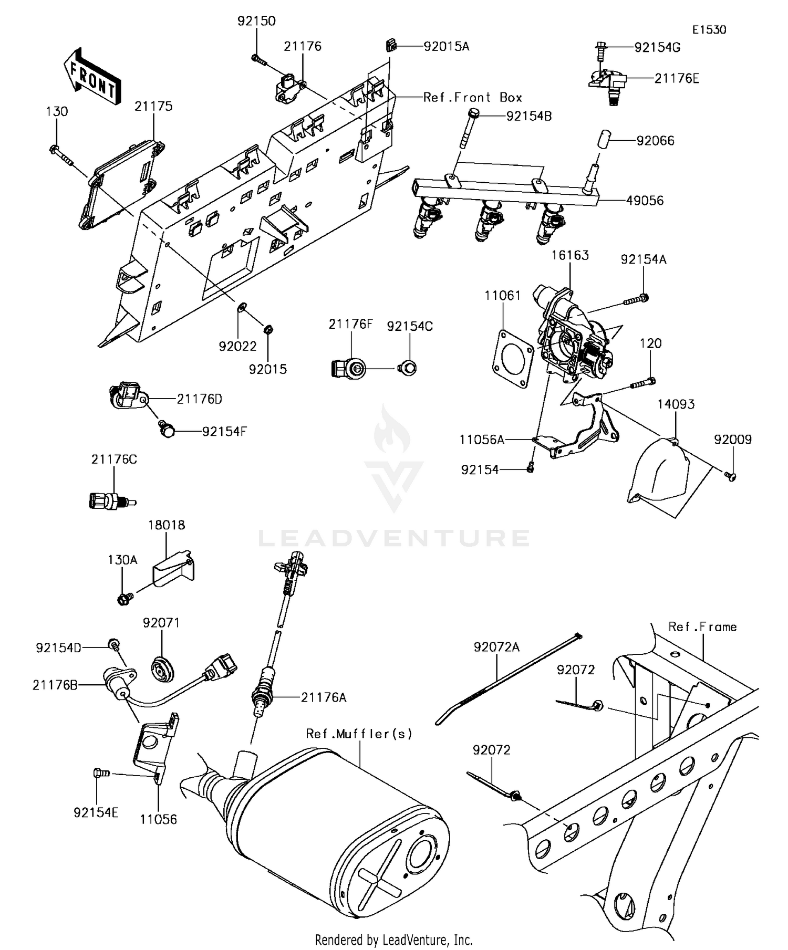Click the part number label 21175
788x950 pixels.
click(x=153, y=106)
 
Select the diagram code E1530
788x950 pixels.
click(x=709, y=30)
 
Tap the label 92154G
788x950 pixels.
click(x=657, y=47)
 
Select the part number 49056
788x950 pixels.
click(x=645, y=201)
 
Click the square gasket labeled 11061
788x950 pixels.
click(x=513, y=358)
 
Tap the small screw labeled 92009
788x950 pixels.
click(x=730, y=476)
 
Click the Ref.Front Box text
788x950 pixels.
click(x=473, y=98)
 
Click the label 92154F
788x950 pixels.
click(x=224, y=432)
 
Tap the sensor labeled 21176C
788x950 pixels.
click(x=109, y=500)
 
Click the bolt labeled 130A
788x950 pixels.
click(x=123, y=598)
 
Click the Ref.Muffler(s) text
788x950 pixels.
click(x=359, y=734)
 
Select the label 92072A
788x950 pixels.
click(x=496, y=648)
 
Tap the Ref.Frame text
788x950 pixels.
click(x=702, y=627)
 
